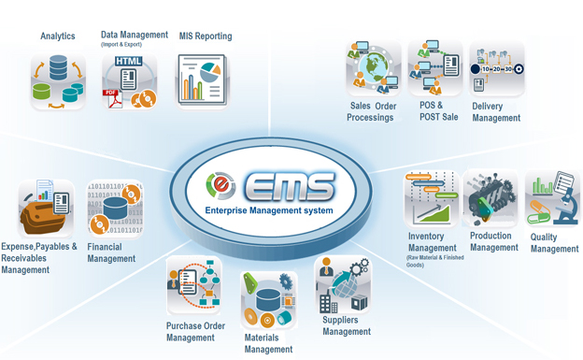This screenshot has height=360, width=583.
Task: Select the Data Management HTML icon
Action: pyautogui.click(x=129, y=82)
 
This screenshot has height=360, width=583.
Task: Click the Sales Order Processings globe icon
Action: pyautogui.click(x=373, y=68)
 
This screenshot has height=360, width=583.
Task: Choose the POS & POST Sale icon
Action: pyautogui.click(x=436, y=68)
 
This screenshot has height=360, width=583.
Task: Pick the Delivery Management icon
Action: pyautogui.click(x=496, y=68)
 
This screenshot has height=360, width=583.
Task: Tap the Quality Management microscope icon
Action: pyautogui.click(x=552, y=198)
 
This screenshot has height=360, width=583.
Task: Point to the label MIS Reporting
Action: pyautogui.click(x=206, y=36)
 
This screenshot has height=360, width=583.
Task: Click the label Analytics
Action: pyautogui.click(x=58, y=36)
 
